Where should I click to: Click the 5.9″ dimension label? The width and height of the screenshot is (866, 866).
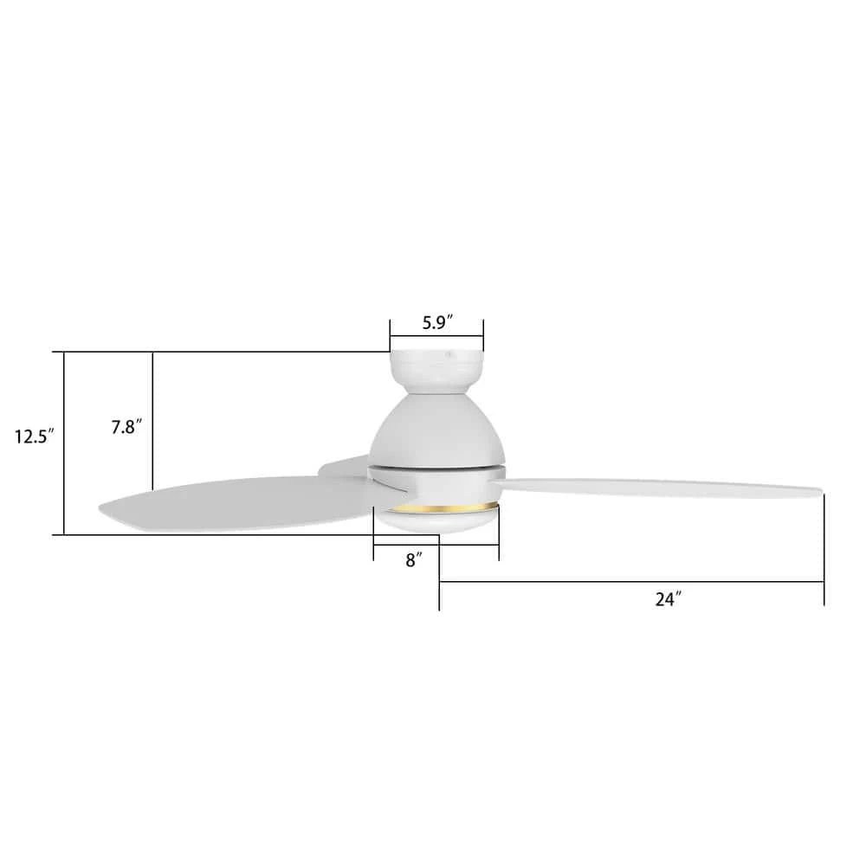pos(437,322)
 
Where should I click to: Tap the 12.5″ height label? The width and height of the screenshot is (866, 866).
pos(35,436)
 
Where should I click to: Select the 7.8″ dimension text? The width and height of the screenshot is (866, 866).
pos(126,427)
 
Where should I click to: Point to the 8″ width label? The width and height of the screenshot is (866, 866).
pos(414,560)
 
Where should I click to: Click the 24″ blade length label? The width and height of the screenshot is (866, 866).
pos(669,599)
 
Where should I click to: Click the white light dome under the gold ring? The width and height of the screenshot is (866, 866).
pos(436,520)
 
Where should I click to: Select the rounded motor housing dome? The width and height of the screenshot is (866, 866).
pos(437,430)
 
